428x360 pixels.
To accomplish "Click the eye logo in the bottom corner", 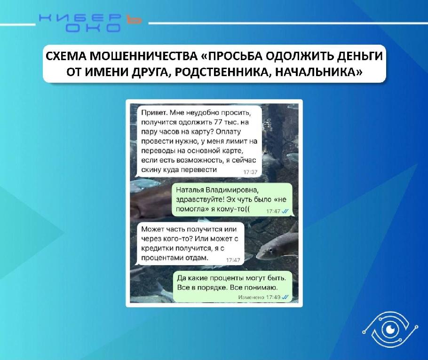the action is click(390, 330).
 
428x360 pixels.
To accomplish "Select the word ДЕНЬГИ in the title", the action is click(360, 56).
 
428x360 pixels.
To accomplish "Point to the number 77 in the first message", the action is click(218, 122).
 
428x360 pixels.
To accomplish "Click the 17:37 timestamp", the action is click(250, 172).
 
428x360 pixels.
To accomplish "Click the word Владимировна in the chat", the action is click(232, 190).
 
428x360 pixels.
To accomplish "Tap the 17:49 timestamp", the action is click(274, 297).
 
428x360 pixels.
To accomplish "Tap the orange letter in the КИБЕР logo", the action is click(134, 18).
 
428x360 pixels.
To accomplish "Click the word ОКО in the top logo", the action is click(93, 28).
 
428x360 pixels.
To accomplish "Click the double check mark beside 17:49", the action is click(285, 297).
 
